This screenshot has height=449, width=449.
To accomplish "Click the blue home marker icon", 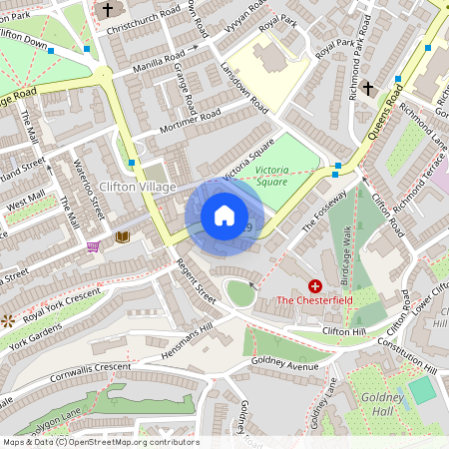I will (224, 216).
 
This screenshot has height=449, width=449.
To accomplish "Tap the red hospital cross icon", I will (315, 285).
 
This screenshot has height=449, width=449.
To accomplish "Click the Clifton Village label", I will (138, 187).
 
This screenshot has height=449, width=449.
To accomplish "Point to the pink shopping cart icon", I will (94, 245).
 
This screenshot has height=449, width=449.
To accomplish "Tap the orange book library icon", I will (122, 237).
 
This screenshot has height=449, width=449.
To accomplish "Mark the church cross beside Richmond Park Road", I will (368, 89).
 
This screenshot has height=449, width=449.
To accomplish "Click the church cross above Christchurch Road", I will (107, 11).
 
